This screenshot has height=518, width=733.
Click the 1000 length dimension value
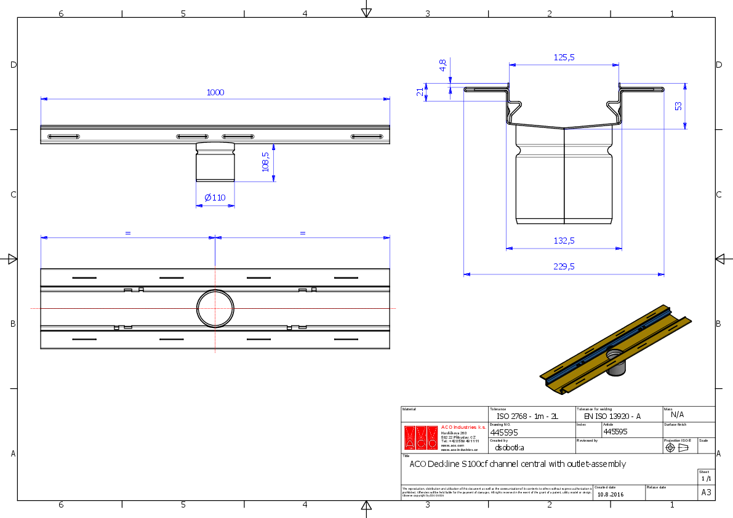[x=215, y=92]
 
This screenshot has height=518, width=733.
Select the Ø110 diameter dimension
[x=215, y=197]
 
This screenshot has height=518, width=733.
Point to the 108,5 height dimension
[x=266, y=163]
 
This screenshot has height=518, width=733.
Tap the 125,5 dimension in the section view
[x=564, y=57]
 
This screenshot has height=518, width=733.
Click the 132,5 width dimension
[x=563, y=241]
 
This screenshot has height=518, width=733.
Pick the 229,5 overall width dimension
[x=563, y=266]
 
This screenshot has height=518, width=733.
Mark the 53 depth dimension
[x=678, y=106]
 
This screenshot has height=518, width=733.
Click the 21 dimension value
[x=420, y=92]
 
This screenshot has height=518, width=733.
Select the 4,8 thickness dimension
[x=443, y=65]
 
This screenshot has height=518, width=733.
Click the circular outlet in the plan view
[x=215, y=308]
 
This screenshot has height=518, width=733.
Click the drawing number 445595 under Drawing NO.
[x=500, y=432]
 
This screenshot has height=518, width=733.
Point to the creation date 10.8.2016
[x=610, y=494]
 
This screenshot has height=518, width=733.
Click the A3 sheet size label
[x=706, y=493]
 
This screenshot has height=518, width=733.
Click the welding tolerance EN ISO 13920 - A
[x=612, y=416]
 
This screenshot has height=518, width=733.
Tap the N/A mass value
[x=677, y=415]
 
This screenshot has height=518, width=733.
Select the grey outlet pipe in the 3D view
[x=615, y=367]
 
